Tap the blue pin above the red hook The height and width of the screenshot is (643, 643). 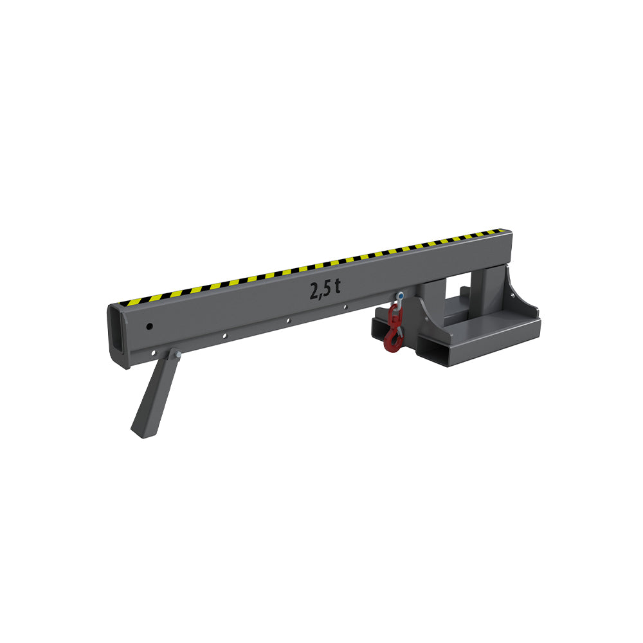point(400,296)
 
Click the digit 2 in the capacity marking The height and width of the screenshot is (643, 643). point(314,291)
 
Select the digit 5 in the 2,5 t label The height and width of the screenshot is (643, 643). point(327,289)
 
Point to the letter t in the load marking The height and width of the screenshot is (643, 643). point(337,286)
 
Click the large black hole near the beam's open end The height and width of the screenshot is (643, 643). point(150,327)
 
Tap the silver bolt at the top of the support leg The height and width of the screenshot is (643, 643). point(177,354)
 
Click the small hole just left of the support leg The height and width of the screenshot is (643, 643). point(154,353)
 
